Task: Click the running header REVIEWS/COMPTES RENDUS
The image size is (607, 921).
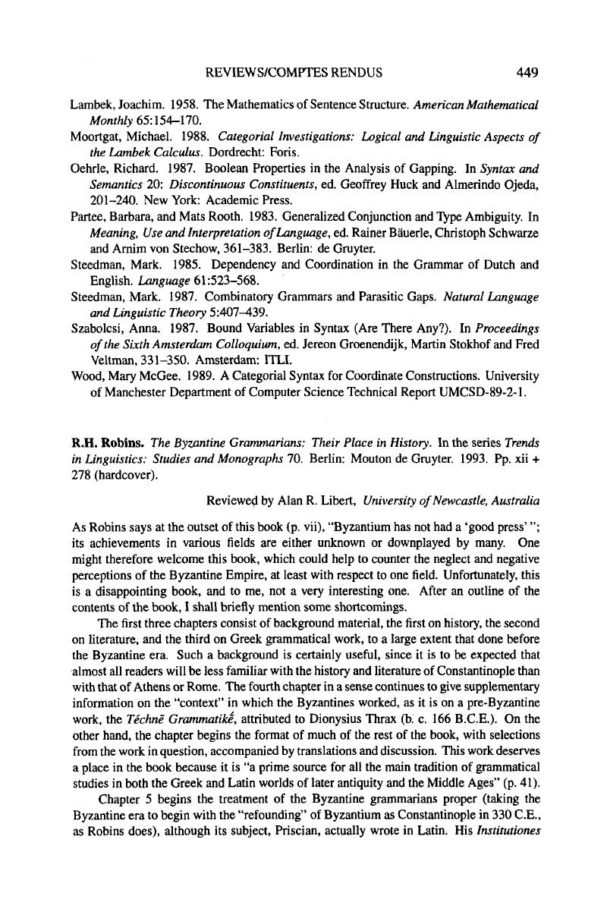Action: pos(294,74)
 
